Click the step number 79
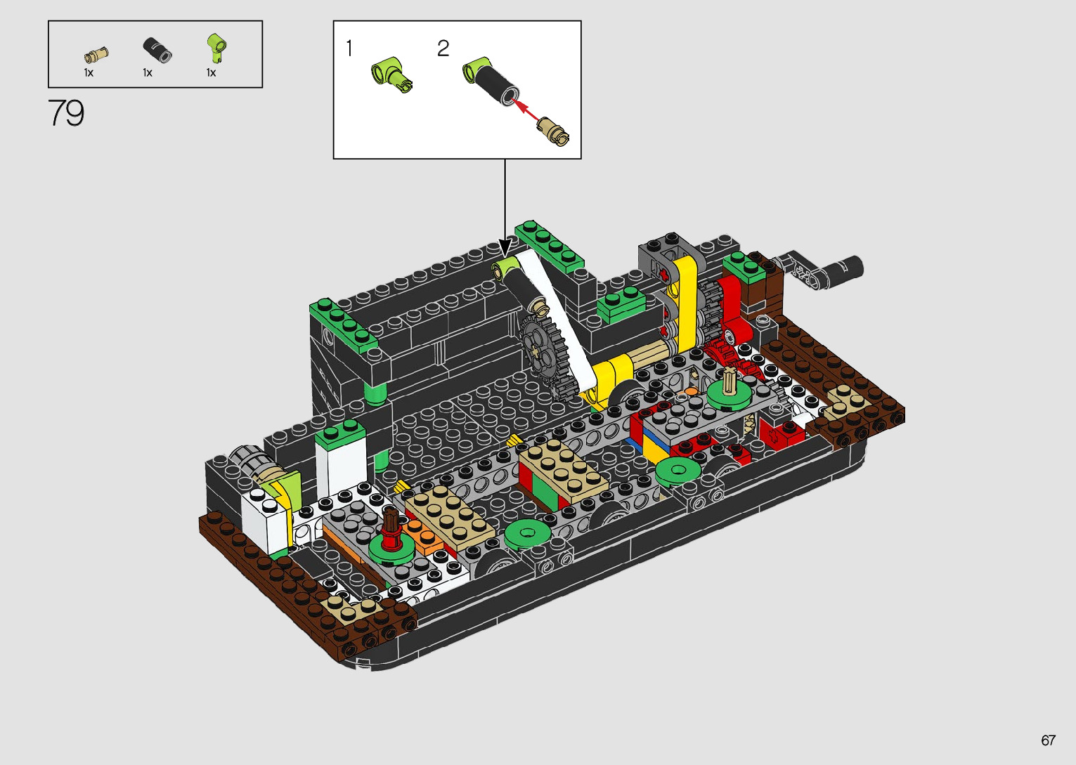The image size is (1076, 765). click(x=66, y=113)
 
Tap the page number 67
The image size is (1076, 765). click(x=1048, y=740)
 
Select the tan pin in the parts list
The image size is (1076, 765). click(x=96, y=55)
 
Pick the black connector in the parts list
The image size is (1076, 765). click(x=157, y=50)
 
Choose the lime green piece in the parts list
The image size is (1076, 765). click(x=216, y=48)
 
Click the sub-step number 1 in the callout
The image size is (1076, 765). click(x=349, y=48)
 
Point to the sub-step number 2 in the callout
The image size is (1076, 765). click(x=443, y=48)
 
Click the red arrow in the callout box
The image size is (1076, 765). click(x=525, y=110)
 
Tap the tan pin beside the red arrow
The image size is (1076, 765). click(x=553, y=131)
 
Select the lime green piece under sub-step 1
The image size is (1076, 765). click(x=391, y=74)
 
